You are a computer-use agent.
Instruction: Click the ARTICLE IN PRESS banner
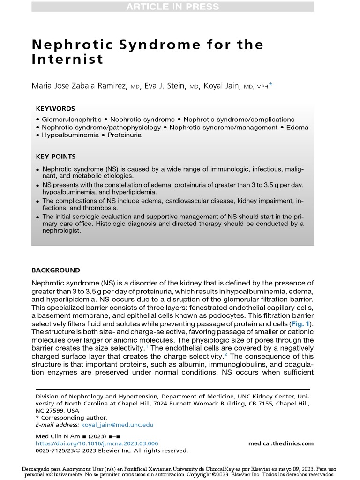click(x=172, y=7)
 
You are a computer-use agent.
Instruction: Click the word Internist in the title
click(x=67, y=60)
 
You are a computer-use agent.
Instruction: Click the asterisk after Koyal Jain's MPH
click(x=271, y=85)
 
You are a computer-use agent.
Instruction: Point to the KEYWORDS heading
click(x=55, y=108)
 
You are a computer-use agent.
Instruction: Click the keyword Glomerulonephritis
click(x=71, y=120)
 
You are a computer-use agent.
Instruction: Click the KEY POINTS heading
click(x=56, y=157)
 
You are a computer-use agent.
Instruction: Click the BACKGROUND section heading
click(x=55, y=270)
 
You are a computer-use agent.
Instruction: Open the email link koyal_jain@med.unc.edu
click(x=117, y=425)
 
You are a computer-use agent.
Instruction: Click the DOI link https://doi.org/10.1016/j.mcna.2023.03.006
click(x=97, y=443)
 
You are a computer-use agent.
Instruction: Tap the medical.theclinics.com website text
click(x=281, y=443)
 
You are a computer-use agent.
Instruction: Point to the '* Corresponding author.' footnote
click(x=71, y=418)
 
